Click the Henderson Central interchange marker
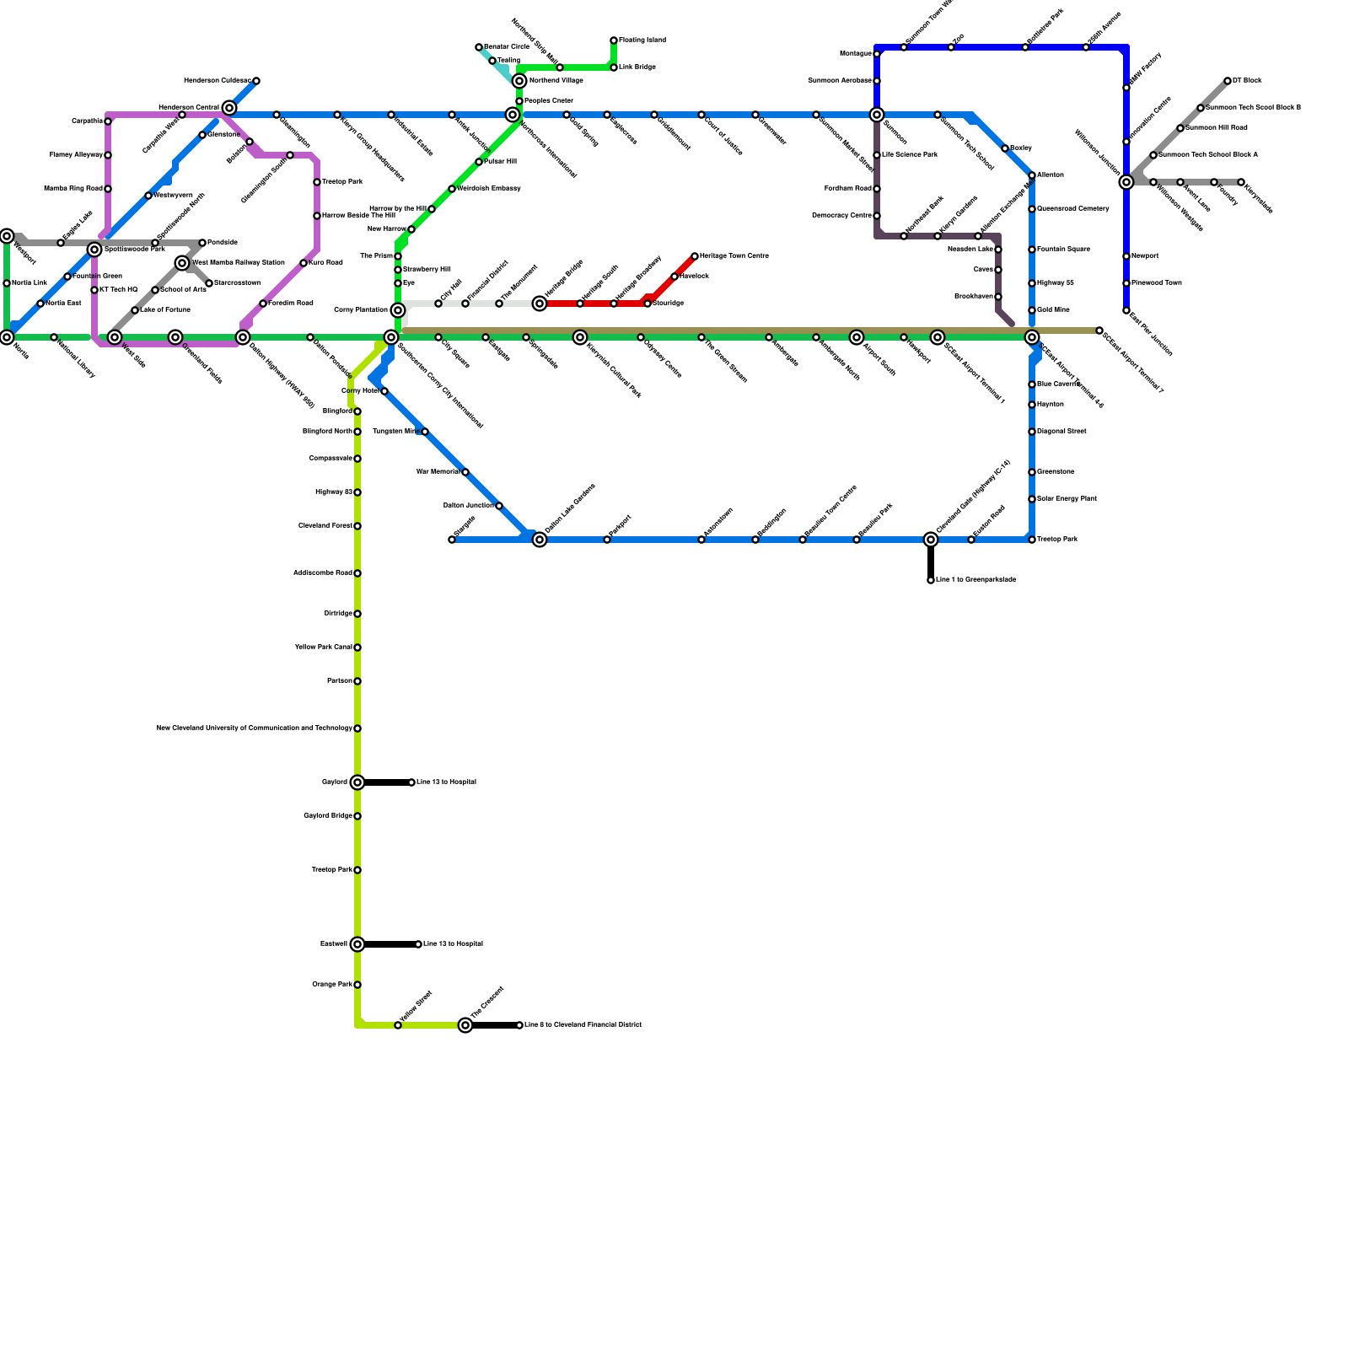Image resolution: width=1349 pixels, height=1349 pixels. point(229,108)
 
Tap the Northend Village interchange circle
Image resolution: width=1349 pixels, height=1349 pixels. point(519,81)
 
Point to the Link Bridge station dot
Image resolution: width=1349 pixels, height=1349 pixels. point(614,67)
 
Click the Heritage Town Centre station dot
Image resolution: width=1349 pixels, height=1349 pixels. point(695,256)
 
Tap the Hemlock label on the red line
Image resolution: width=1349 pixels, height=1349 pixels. point(694,277)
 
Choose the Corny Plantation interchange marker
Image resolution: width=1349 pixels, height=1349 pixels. point(398,310)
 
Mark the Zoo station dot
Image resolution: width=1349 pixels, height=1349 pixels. point(951,47)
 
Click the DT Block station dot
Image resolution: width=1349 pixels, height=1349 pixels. point(1228,81)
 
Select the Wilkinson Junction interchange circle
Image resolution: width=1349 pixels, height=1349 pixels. point(1126,182)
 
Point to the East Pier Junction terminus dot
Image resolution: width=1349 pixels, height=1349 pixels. point(1126,310)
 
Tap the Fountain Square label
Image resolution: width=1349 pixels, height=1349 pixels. point(1063,250)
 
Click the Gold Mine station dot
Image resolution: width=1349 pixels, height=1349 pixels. point(1032,310)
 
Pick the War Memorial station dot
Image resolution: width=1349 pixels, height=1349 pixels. point(465,472)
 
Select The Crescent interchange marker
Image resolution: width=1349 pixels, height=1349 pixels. point(465,1025)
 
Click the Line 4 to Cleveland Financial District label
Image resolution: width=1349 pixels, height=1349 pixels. point(583,1025)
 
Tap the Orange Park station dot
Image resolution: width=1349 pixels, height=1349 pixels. point(357,985)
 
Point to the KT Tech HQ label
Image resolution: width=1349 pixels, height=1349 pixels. point(118,290)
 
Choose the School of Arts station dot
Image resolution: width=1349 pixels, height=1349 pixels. point(155,290)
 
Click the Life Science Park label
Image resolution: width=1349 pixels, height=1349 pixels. point(910,155)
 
